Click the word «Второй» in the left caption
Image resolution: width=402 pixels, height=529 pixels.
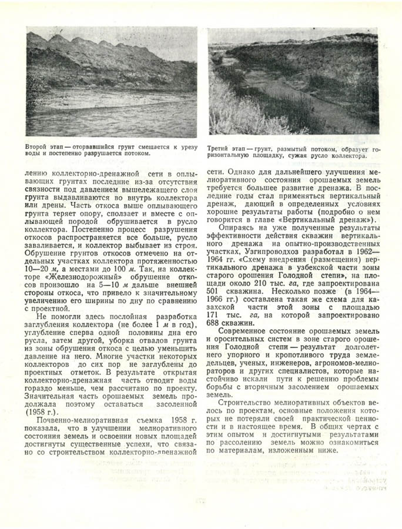click(x=36, y=145)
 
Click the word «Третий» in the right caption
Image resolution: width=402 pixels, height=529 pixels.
click(x=221, y=149)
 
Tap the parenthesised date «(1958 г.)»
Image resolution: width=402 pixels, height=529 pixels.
click(x=37, y=410)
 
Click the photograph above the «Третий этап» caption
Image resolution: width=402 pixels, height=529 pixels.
click(x=293, y=83)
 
